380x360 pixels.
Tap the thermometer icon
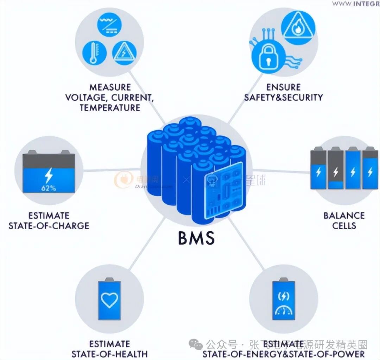(x=93, y=53)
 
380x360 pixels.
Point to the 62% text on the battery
(x=49, y=188)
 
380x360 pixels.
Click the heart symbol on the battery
(x=109, y=299)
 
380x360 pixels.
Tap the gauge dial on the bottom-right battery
(x=283, y=311)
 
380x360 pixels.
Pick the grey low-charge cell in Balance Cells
(x=335, y=169)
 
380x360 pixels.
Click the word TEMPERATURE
(x=110, y=107)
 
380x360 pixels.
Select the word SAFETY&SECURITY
(x=283, y=97)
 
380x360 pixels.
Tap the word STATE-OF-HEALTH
(x=109, y=354)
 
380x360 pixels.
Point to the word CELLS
(x=344, y=225)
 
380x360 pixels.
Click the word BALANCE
(x=344, y=215)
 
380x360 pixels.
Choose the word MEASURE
(x=110, y=87)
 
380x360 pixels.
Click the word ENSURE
(x=283, y=87)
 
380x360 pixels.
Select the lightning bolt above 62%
(x=49, y=175)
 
